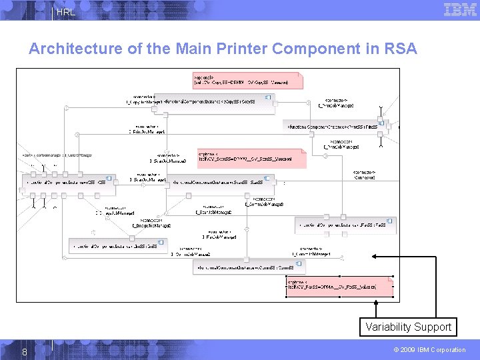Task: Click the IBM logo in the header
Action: click(x=460, y=9)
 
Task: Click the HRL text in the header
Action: click(x=66, y=12)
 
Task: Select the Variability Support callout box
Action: click(x=408, y=327)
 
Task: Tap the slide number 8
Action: click(x=24, y=351)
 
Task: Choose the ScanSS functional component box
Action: click(x=220, y=181)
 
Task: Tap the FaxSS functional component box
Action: click(x=345, y=225)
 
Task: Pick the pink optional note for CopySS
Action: click(x=247, y=81)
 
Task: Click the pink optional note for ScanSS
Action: click(x=252, y=158)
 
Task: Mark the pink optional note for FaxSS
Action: click(x=340, y=286)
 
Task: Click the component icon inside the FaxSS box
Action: click(x=389, y=221)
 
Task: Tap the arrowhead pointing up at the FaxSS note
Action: click(x=376, y=303)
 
